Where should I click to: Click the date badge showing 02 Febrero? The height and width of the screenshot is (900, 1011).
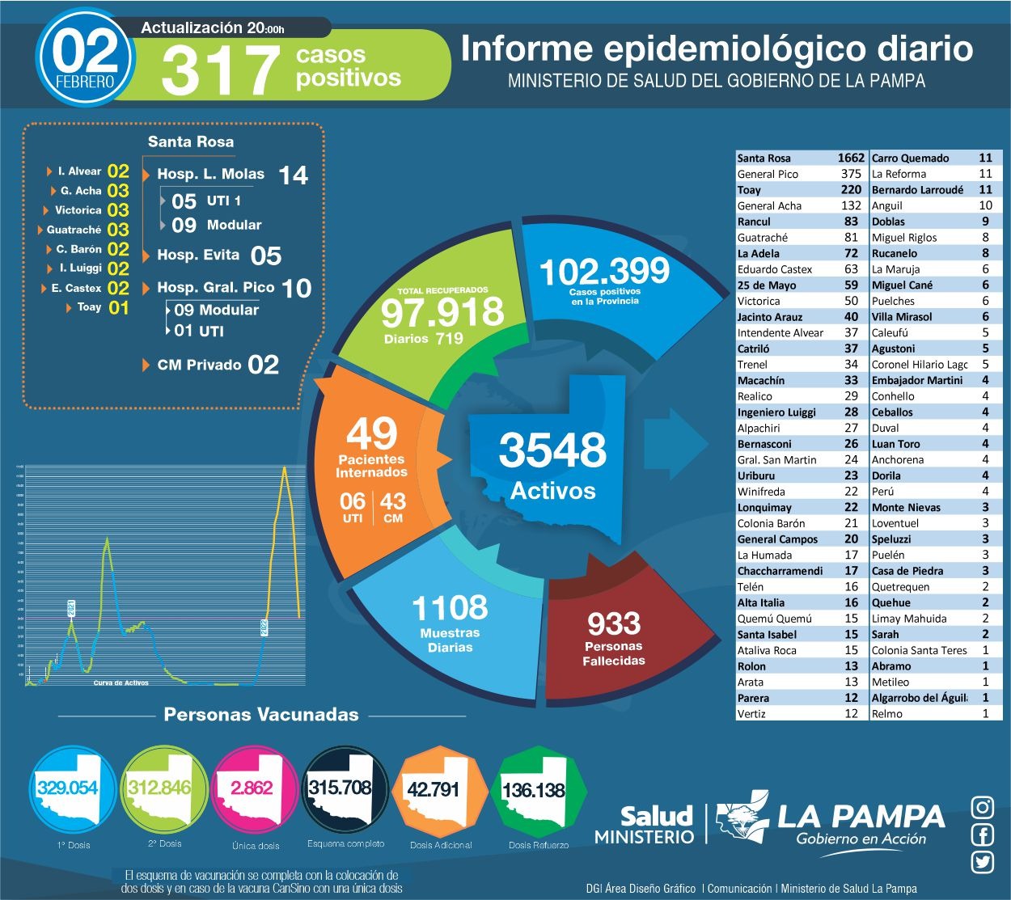tap(85, 57)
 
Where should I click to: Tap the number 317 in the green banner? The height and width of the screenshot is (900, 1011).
tap(220, 70)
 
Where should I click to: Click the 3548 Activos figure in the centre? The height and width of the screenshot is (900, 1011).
tap(552, 450)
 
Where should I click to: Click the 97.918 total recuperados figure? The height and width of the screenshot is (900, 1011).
tap(442, 312)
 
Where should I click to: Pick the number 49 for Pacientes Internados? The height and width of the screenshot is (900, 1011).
tap(372, 434)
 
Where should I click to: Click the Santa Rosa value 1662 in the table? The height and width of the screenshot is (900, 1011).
tap(850, 158)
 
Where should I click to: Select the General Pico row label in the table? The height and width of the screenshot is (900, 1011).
tap(768, 174)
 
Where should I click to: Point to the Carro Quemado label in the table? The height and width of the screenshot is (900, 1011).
tap(910, 158)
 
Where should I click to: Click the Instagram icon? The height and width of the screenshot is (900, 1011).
tap(983, 807)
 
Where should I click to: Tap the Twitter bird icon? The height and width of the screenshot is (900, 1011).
tap(983, 862)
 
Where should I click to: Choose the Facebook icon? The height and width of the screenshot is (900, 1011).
tap(983, 835)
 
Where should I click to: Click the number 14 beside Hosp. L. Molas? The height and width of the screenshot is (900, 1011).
tap(293, 175)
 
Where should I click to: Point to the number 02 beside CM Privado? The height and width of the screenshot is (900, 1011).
tap(264, 365)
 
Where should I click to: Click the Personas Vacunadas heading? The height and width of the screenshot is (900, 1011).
tap(260, 715)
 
